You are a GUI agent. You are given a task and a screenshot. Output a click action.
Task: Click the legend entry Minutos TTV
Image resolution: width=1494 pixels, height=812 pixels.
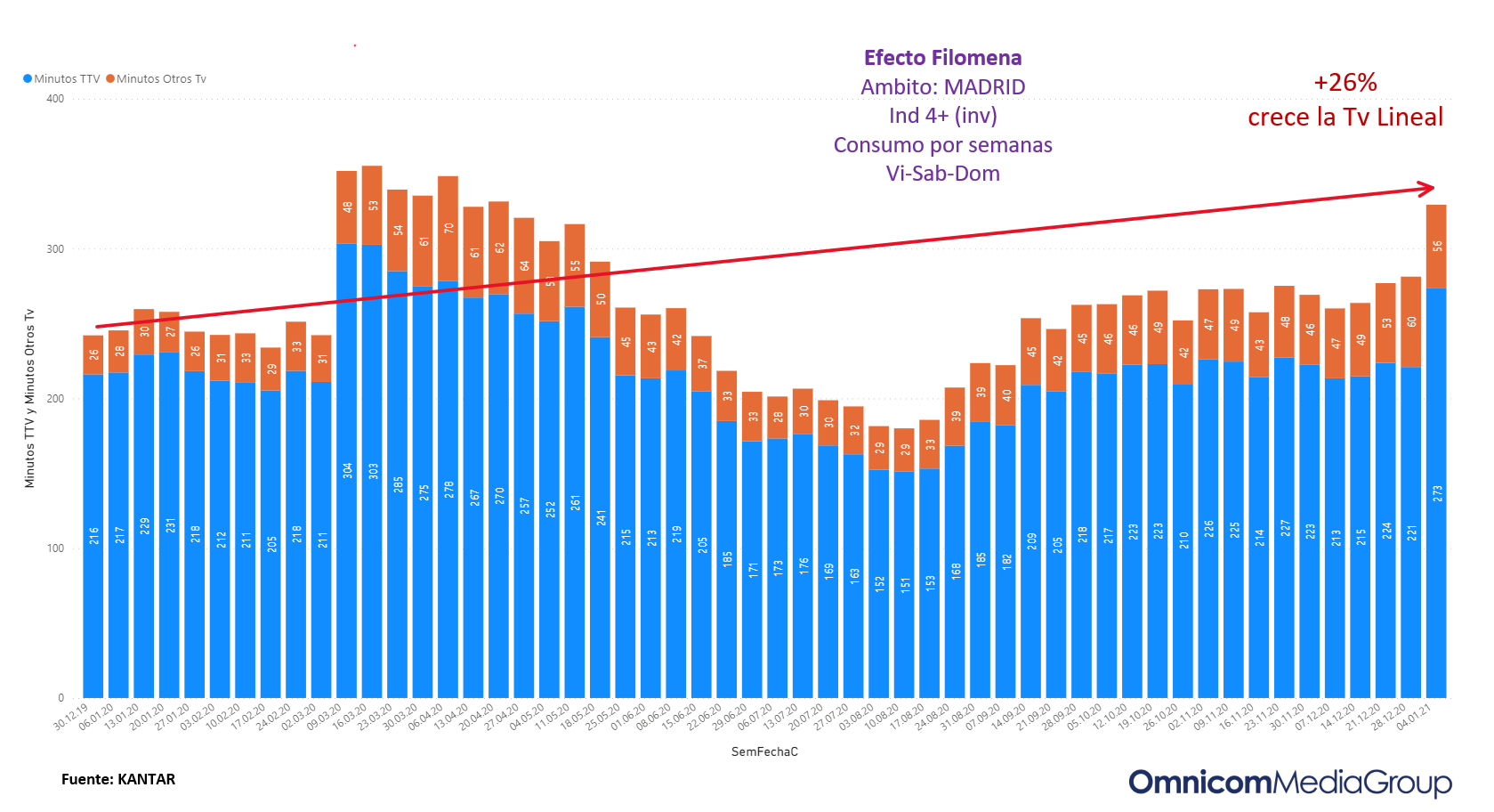[61, 79]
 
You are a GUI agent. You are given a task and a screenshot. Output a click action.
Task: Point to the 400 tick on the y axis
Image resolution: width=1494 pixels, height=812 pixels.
[55, 99]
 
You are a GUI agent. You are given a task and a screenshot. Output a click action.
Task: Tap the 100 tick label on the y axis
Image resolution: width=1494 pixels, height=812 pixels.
[55, 548]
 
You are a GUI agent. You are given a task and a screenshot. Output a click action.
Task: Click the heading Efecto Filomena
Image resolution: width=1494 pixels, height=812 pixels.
[942, 58]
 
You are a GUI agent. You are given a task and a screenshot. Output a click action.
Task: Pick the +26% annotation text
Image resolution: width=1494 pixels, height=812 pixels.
[1345, 83]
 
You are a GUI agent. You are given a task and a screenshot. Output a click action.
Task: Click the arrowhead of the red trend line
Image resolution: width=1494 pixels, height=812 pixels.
[1426, 189]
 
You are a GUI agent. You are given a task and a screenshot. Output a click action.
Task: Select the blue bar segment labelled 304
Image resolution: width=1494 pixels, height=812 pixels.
[347, 470]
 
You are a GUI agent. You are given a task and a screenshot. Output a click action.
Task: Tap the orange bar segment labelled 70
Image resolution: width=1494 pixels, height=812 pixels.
[448, 229]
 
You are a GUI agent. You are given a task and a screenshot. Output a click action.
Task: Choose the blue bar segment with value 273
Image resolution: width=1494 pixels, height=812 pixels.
[1436, 492]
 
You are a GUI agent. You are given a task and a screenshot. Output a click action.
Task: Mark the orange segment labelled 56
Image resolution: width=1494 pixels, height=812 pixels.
[1436, 247]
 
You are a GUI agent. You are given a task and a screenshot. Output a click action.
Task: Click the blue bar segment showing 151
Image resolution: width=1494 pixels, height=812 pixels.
[904, 584]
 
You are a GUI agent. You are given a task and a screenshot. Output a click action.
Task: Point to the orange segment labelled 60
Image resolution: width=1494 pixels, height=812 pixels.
[1410, 322]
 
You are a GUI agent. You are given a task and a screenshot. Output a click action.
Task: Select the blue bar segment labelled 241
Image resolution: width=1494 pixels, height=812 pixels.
[601, 517]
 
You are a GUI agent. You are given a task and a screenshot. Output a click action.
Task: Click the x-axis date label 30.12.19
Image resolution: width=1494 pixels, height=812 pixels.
[71, 717]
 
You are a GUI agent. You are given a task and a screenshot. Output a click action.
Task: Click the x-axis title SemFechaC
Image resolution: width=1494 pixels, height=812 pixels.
[764, 752]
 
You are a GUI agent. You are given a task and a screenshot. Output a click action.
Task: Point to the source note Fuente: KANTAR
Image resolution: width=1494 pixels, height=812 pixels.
[118, 780]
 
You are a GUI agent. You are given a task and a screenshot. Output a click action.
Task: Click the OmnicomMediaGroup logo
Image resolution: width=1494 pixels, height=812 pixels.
[1290, 783]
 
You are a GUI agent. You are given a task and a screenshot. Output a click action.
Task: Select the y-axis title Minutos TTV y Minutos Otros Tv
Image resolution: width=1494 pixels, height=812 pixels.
[29, 398]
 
